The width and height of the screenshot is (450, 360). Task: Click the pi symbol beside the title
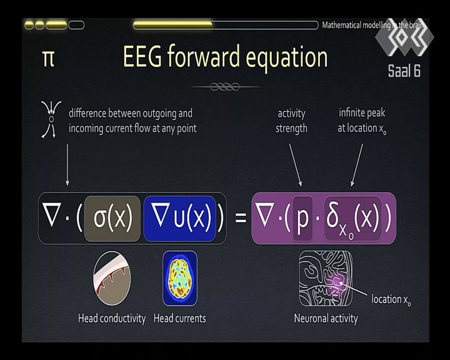[x=48, y=59]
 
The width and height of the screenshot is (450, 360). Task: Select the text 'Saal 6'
[x=404, y=71]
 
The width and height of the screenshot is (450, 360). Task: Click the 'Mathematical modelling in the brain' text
[x=372, y=25]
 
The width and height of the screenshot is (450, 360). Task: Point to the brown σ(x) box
[x=112, y=219]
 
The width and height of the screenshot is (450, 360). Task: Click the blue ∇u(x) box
[x=179, y=219]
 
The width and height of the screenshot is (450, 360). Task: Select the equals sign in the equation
[x=241, y=217]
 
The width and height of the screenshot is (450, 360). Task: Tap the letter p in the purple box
[x=302, y=219]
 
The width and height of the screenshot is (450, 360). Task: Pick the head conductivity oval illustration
[x=112, y=278]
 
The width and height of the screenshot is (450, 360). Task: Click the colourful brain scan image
[x=180, y=278]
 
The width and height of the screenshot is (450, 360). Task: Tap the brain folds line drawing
[x=326, y=279]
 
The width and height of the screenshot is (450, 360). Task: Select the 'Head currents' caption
[x=179, y=318]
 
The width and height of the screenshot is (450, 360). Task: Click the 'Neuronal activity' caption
[x=326, y=319]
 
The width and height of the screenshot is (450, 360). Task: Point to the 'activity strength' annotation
[x=291, y=121]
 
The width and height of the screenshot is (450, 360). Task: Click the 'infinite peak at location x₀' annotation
[x=362, y=121]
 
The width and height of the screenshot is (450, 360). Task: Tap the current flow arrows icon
[x=51, y=119]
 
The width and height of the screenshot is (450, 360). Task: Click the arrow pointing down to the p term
[x=295, y=165]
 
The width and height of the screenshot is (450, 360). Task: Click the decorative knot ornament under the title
[x=225, y=86]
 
